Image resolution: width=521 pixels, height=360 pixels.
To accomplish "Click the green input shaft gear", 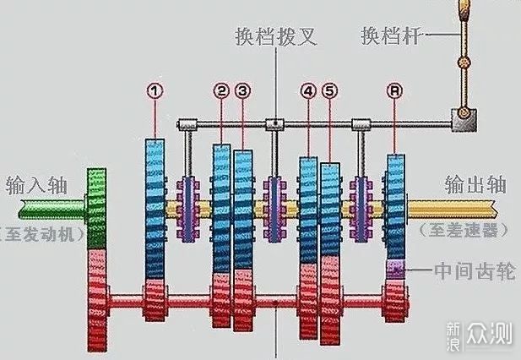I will pos(96,207).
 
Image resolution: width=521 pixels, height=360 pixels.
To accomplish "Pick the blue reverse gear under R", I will pos(395,203).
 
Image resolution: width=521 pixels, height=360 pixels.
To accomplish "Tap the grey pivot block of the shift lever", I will pos(463,121).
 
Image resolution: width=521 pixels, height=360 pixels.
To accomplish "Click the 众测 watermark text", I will pos(493,333).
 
